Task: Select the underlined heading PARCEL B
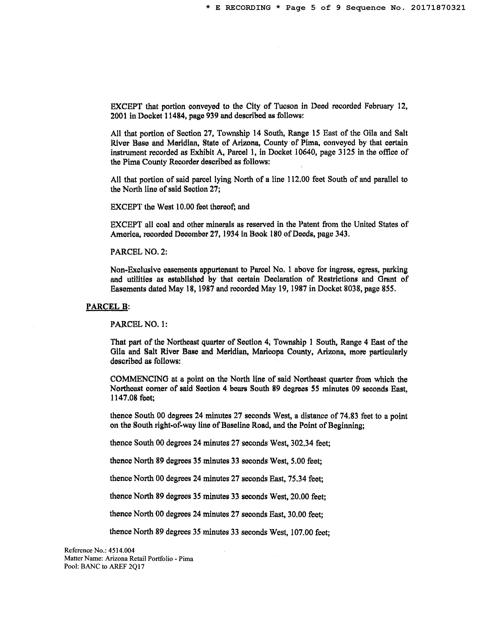coord(107,307)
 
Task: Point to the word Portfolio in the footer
coord(160,559)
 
